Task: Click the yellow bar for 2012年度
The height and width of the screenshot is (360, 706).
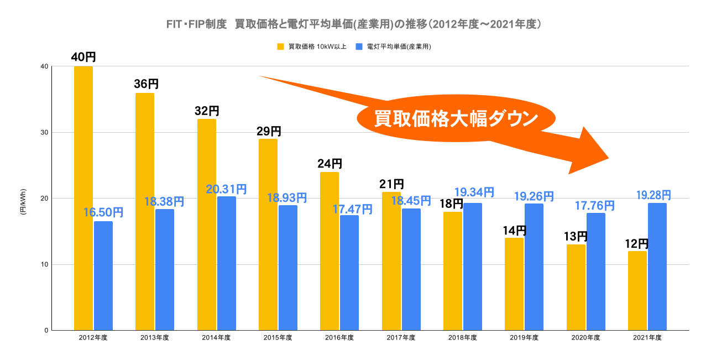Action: [x=83, y=199]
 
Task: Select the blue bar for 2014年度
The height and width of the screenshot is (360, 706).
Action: [x=227, y=263]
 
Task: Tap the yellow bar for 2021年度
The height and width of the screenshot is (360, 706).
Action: [x=637, y=291]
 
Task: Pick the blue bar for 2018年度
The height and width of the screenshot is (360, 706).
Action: [x=473, y=267]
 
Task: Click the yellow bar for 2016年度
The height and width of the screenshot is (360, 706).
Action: [x=330, y=252]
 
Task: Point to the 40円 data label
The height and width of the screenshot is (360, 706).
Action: [x=83, y=57]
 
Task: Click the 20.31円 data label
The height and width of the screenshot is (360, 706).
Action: [x=226, y=189]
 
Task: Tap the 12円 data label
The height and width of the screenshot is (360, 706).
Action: [x=636, y=244]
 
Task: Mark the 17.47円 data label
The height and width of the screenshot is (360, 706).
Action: [x=352, y=210]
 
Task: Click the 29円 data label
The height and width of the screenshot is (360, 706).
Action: [x=269, y=132]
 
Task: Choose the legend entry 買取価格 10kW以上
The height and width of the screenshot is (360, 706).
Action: [x=312, y=46]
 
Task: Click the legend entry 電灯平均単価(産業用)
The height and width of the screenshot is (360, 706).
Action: [x=394, y=46]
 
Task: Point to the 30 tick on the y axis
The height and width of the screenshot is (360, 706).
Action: [x=44, y=133]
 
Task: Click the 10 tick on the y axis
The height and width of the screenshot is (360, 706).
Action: [x=44, y=264]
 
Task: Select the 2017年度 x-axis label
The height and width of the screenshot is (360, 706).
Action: [x=400, y=337]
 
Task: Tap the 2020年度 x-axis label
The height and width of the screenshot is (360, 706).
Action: [x=585, y=337]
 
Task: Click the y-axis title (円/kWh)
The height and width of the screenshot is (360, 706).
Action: [x=23, y=199]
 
